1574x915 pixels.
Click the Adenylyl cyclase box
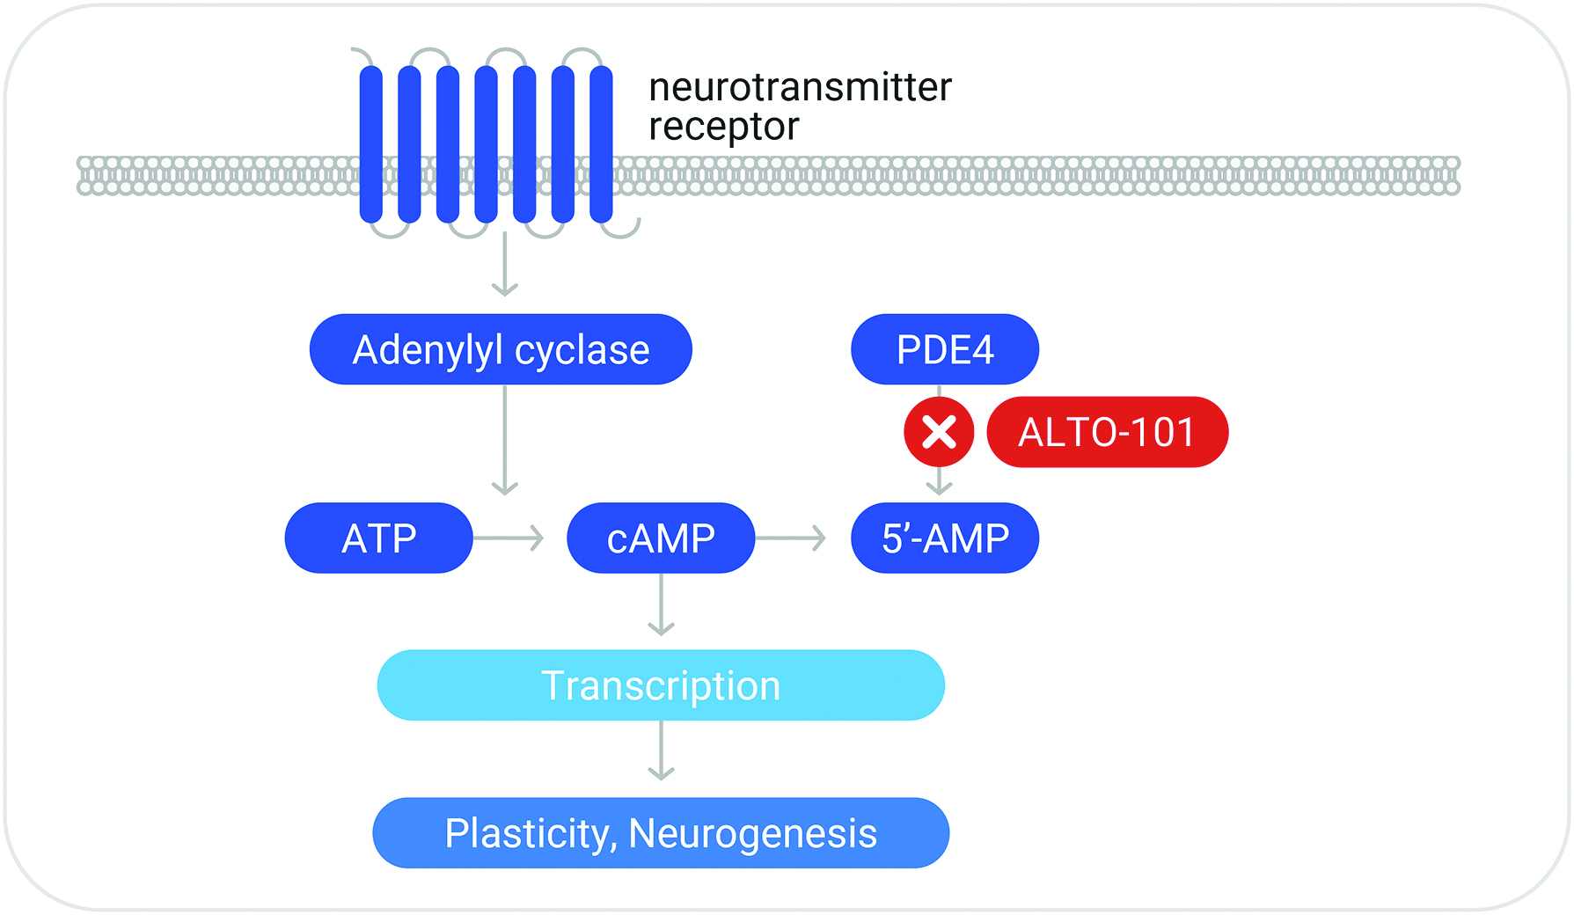pos(501,349)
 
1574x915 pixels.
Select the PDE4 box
pos(944,349)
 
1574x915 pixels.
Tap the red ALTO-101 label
pos(1107,432)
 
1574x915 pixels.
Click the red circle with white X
pos(939,432)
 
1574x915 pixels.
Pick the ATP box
pos(378,538)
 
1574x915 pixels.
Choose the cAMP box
pos(661,538)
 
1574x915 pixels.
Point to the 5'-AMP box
pos(944,538)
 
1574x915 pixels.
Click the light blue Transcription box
pos(661,685)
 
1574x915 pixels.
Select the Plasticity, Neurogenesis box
pos(661,833)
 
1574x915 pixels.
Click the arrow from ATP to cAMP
pos(509,538)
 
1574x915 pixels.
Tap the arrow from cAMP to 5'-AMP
pos(791,538)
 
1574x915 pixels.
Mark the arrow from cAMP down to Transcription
pos(661,604)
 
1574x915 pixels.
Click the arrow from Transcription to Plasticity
pos(661,750)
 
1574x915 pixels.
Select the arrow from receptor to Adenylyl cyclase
pos(504,264)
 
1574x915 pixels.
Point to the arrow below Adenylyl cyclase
pos(504,440)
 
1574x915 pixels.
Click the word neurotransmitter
pos(800,87)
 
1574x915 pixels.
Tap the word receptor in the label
pos(723,127)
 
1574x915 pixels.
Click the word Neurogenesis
pos(753,833)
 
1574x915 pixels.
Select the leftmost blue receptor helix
pos(371,144)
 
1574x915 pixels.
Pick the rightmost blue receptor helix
pos(601,144)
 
